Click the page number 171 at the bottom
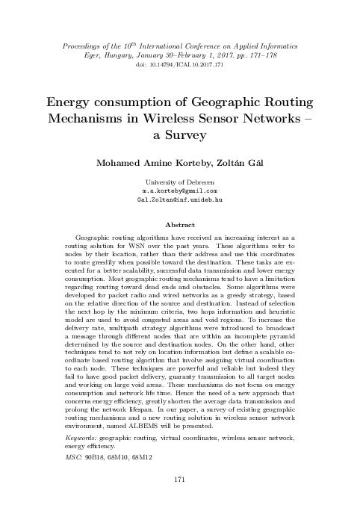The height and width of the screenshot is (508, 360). tap(179, 479)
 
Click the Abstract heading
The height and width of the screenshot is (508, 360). tap(179, 223)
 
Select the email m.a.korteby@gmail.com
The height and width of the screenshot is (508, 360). tap(179, 191)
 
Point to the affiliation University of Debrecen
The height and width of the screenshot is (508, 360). tap(179, 182)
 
